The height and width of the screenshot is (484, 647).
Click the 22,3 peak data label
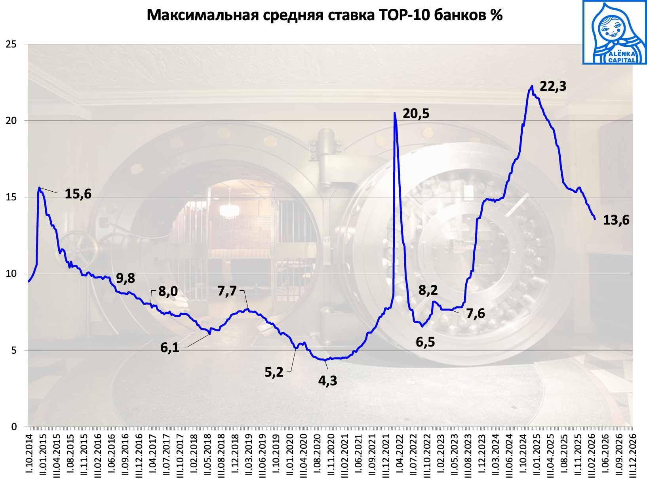coord(553,86)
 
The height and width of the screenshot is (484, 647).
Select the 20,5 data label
coord(416,114)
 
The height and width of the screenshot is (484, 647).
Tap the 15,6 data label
coord(78,194)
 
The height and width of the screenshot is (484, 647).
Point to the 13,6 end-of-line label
coord(616,220)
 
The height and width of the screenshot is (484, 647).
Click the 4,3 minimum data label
coord(327,381)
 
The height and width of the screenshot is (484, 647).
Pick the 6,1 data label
coord(169,348)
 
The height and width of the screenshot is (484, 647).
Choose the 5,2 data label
coord(274,372)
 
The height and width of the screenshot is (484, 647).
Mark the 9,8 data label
coord(126,278)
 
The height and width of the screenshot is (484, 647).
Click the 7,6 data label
coord(475,314)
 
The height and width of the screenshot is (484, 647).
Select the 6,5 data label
coord(425,342)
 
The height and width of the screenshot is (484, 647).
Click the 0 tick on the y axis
coord(14,427)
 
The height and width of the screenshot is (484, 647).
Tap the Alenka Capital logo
coord(614,32)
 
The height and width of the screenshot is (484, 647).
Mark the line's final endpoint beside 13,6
coord(595,219)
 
